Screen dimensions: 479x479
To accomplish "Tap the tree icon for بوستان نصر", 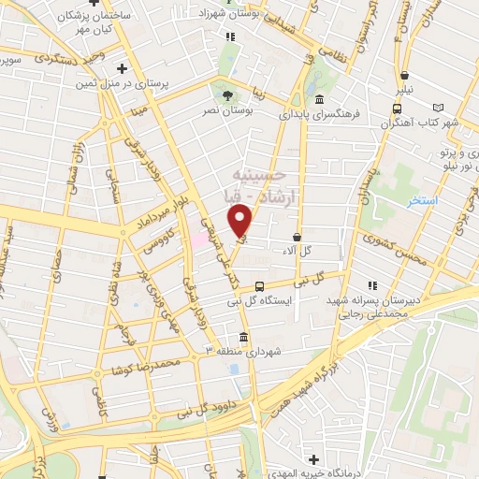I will click(x=225, y=94).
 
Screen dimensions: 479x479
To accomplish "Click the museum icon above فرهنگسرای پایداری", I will click(x=319, y=100).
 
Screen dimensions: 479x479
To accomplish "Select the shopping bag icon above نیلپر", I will click(x=404, y=77).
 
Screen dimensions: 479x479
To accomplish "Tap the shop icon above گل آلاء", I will click(x=298, y=238).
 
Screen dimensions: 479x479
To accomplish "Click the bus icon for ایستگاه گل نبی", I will click(x=259, y=286).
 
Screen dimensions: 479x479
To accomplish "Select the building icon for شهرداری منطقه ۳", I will click(x=243, y=337).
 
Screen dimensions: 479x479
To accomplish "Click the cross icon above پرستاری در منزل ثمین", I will click(x=123, y=68).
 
